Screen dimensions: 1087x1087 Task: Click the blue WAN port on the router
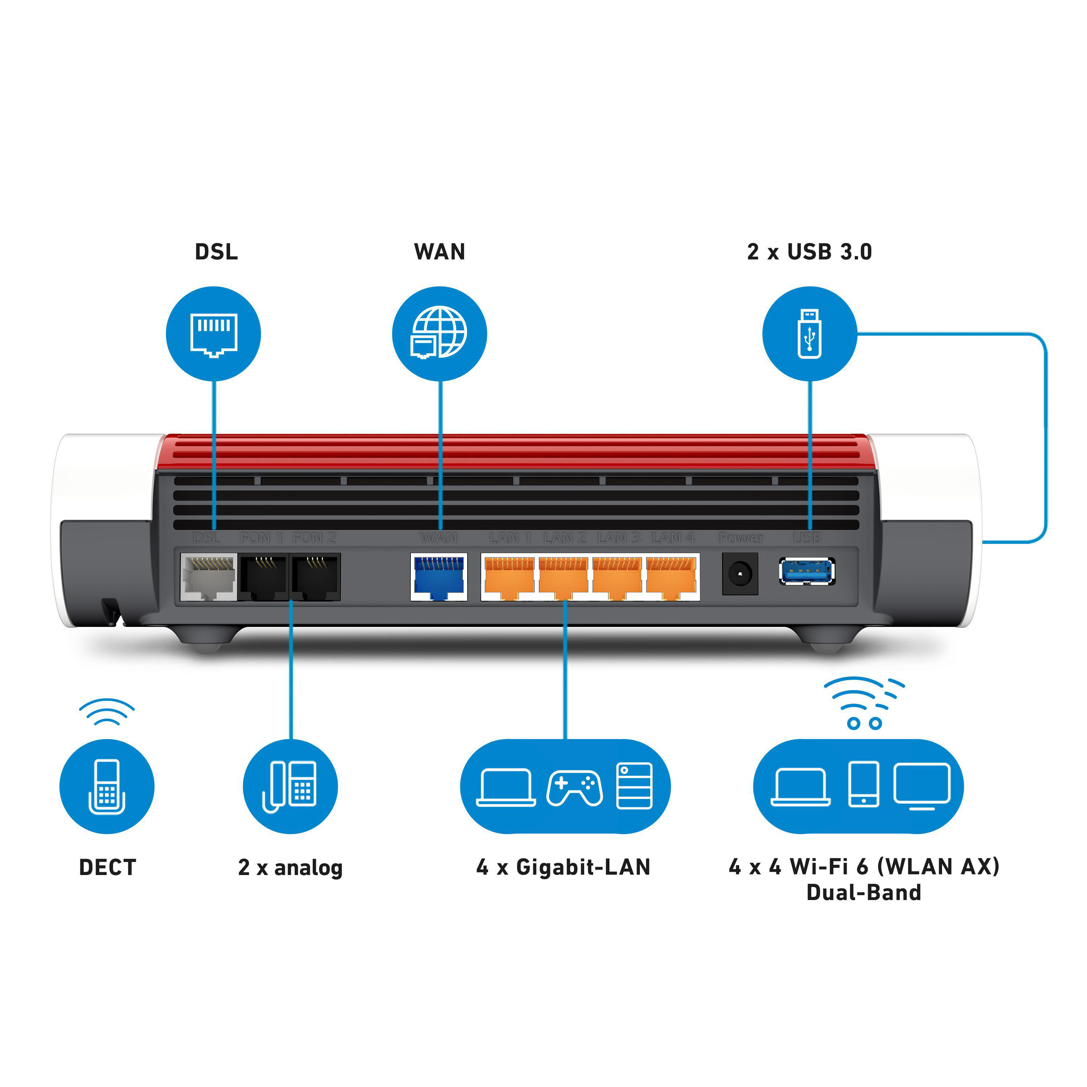439,577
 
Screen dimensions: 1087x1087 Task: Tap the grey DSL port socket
208,577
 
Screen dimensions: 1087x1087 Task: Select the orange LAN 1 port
509,577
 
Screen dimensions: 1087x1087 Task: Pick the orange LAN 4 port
671,577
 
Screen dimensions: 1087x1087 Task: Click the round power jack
740,574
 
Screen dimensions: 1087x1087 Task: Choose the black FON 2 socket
316,577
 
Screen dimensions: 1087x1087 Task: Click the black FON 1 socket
263,577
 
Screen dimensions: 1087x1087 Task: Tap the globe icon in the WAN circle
440,332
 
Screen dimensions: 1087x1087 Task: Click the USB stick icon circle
809,334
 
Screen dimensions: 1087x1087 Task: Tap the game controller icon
574,788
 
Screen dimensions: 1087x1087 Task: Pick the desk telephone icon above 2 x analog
290,787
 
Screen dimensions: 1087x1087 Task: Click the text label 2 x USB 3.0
809,251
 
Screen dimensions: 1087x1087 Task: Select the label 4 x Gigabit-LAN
563,867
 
